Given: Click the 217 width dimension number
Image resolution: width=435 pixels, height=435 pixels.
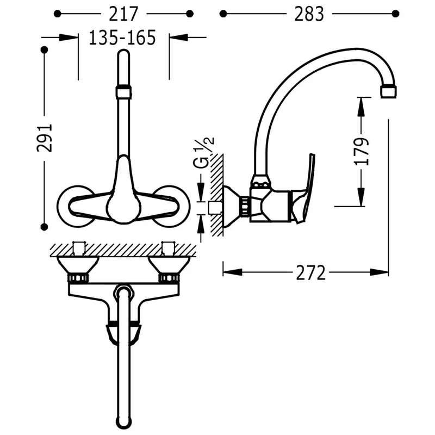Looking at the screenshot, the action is tap(123, 14).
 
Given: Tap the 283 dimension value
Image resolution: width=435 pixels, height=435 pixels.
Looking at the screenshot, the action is tap(309, 14).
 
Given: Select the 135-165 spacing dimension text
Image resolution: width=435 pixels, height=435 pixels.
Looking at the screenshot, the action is tap(122, 38).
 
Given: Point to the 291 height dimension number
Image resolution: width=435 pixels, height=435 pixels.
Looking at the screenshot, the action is tap(45, 138).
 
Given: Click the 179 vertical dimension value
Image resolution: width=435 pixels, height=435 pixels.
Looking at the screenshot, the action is tap(362, 151).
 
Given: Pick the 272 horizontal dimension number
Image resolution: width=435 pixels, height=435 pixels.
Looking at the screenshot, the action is tap(310, 273).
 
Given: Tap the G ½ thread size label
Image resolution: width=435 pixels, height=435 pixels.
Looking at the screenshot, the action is tap(203, 153).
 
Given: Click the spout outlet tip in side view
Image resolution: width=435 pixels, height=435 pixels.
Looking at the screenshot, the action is tap(388, 92).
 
